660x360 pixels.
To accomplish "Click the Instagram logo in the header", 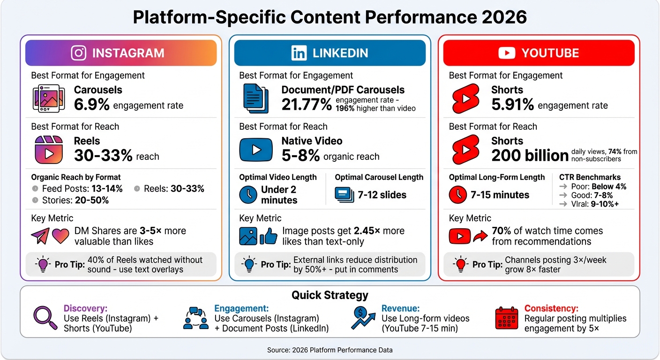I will pyautogui.click(x=79, y=53).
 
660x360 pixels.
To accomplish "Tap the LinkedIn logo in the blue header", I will pyautogui.click(x=299, y=53).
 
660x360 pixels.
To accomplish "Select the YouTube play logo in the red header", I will pyautogui.click(x=507, y=53).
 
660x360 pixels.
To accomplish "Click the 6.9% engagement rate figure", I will pyautogui.click(x=92, y=105).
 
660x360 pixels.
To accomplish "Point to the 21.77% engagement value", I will pyautogui.click(x=307, y=105).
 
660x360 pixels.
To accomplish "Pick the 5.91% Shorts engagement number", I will pyautogui.click(x=512, y=105).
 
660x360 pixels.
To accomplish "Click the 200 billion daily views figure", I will pyautogui.click(x=530, y=155).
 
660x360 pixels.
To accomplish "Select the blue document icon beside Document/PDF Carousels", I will pyautogui.click(x=256, y=98).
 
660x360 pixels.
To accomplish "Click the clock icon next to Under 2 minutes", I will pyautogui.click(x=248, y=195).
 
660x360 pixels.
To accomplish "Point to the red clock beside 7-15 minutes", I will pyautogui.click(x=457, y=195).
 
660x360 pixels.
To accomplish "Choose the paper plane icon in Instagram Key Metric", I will pyautogui.click(x=40, y=236).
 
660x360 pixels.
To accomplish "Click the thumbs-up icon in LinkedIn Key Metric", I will pyautogui.click(x=269, y=236).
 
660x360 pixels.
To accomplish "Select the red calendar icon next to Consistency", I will pyautogui.click(x=506, y=318).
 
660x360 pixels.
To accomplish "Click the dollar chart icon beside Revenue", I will pyautogui.click(x=363, y=318).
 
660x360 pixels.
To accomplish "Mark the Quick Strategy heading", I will pyautogui.click(x=330, y=295).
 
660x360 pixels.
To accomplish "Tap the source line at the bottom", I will pyautogui.click(x=330, y=350).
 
